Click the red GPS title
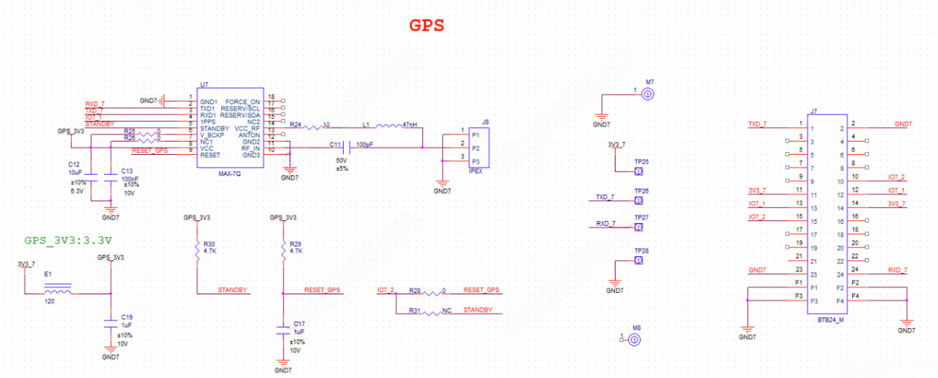coord(426,25)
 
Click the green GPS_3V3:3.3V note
coord(68,240)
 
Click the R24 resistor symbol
coord(313,126)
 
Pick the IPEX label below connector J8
coord(474,170)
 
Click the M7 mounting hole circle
coord(647,94)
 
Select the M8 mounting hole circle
coord(635,339)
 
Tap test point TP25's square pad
coord(638,171)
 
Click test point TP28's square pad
coord(638,261)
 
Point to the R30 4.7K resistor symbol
coord(197,251)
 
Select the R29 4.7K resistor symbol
coord(284,251)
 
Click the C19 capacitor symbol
coord(110,321)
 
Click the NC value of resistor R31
coord(446,310)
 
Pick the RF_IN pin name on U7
coord(251,148)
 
